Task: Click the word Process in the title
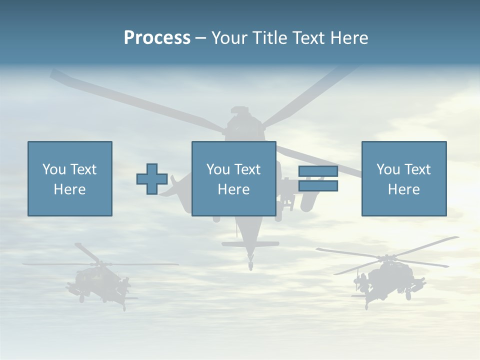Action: click(157, 38)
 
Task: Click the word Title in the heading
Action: click(268, 38)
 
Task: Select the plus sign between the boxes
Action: click(152, 179)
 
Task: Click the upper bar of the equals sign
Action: click(318, 171)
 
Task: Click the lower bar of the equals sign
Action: click(318, 186)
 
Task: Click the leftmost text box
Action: click(70, 178)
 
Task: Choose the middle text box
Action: click(233, 178)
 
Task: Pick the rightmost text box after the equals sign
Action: click(404, 178)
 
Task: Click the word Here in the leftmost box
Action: click(70, 189)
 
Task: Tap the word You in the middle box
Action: click(218, 169)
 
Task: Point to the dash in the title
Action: click(201, 38)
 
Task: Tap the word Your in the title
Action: click(229, 38)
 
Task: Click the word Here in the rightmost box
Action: click(404, 189)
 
